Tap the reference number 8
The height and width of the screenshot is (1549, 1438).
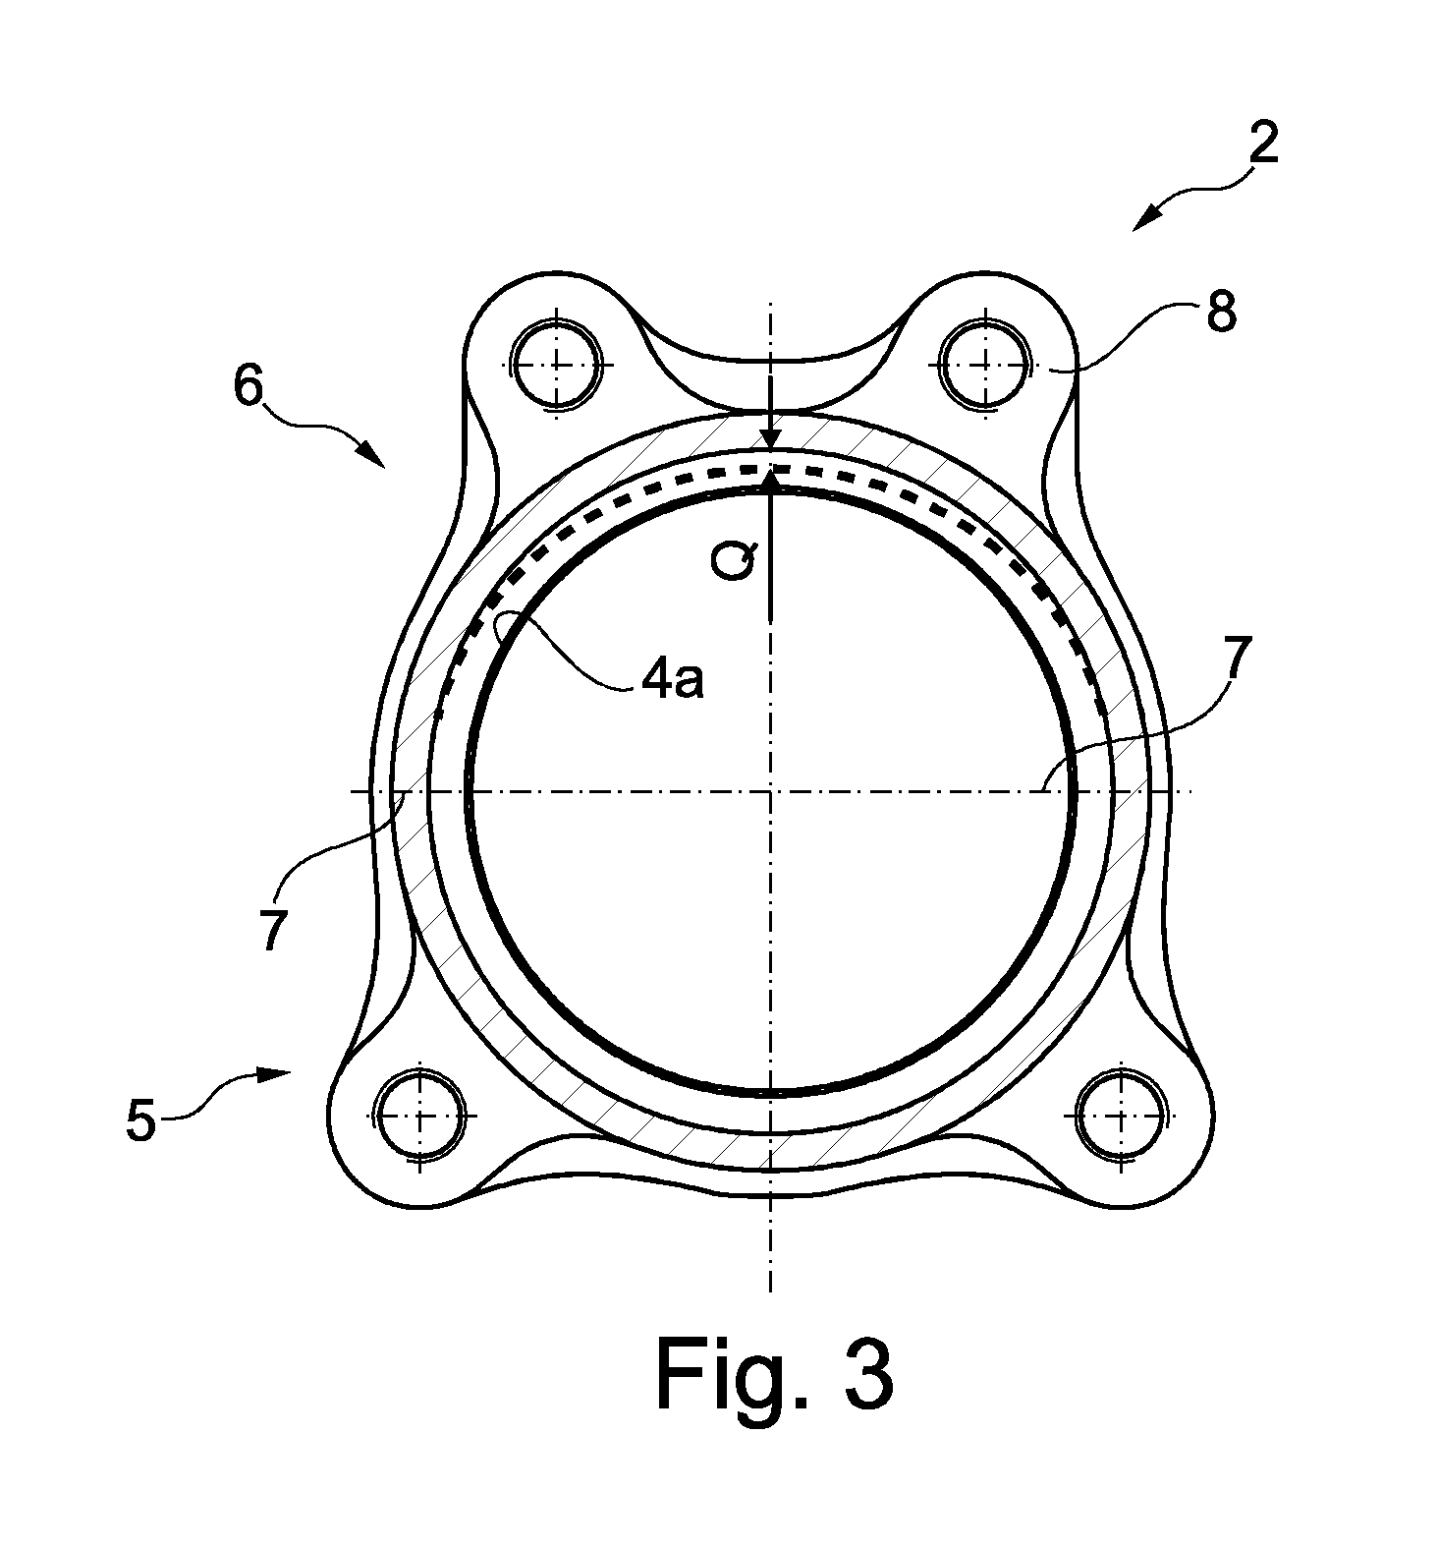1221,313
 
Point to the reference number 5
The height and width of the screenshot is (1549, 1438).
141,1120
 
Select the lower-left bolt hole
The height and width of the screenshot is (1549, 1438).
419,1117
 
